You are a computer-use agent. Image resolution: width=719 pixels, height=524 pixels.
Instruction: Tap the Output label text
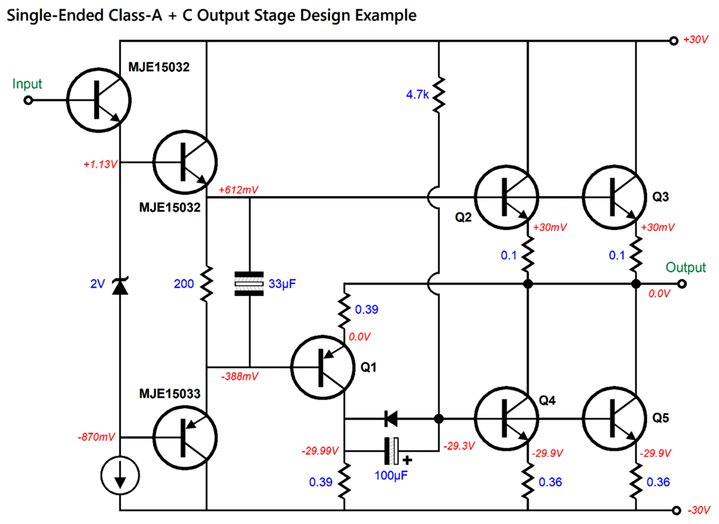coord(685,267)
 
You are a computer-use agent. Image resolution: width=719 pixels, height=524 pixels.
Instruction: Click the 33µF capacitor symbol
coord(249,284)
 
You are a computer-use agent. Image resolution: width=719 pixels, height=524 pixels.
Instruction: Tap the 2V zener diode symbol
coord(119,285)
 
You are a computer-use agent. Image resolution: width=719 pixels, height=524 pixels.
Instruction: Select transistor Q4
coord(505,418)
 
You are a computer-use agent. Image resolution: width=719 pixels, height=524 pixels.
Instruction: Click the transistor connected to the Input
coord(99,101)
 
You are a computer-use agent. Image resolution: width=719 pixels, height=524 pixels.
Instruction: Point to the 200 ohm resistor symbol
coord(206,284)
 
